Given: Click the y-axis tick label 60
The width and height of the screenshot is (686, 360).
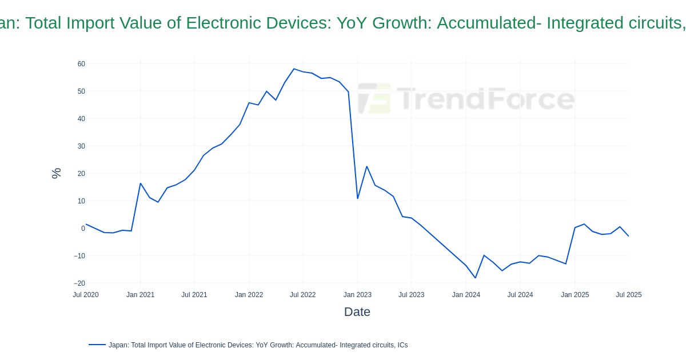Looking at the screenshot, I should coord(81,64).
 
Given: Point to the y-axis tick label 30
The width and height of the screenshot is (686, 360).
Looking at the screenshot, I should coord(81,146).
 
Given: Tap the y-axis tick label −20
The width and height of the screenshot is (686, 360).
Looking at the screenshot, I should coord(79,283).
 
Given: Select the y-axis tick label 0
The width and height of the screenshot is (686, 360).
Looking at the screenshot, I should coord(83,229).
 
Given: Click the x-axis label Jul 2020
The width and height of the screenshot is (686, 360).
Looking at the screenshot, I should coord(86,295).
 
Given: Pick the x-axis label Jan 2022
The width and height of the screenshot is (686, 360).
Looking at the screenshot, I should coord(249,295).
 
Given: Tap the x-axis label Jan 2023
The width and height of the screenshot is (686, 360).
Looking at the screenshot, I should coord(357,295).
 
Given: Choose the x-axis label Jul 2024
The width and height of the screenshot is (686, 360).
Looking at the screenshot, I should coord(520,295).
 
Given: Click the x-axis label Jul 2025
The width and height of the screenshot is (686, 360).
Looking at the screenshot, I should coord(628,295).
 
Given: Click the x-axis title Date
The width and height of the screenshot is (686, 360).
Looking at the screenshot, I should coord(357,312).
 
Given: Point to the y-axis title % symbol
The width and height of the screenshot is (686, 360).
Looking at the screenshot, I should coord(56,173).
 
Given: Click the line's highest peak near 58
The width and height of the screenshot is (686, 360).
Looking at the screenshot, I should coord(294,69).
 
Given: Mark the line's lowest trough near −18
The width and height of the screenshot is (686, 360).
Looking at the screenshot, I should coord(475,278).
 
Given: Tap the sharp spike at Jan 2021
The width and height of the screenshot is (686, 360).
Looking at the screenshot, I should coord(141,183).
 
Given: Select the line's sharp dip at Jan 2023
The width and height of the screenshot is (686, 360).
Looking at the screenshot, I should coord(358,198).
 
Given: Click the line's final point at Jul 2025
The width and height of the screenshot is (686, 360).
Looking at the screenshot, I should coord(628,236).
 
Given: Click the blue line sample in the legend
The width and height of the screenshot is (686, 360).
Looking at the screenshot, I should coord(97,345).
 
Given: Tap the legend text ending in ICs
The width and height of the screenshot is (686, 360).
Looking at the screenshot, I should coord(258,345).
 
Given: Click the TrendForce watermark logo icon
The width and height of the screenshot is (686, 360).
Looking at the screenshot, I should coord(375,98).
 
